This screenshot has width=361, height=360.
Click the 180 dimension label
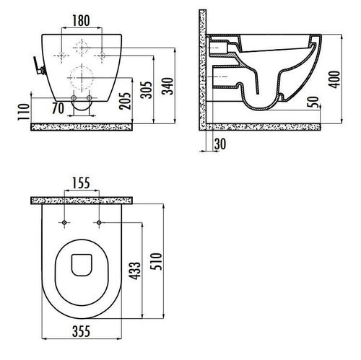click(81, 20)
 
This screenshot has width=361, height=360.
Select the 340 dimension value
click(168, 86)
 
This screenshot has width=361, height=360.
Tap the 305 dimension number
click(147, 89)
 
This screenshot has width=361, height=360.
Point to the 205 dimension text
click(125, 101)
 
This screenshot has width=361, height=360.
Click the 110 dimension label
click(24, 112)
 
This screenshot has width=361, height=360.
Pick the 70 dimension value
click(58, 108)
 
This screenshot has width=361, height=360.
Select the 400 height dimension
click(334, 79)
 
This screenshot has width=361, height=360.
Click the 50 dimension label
click(313, 102)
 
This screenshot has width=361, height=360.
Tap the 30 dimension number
click(220, 144)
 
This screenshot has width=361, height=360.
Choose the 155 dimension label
click(81, 183)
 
